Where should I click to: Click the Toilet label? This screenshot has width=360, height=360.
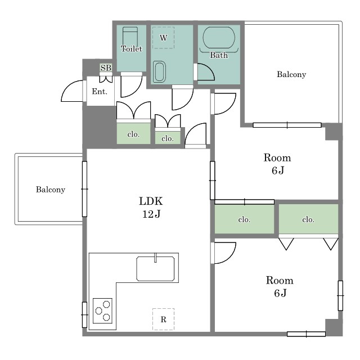click(x=131, y=49)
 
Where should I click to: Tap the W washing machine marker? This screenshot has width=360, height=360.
click(x=163, y=38)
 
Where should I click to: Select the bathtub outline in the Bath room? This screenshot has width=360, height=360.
click(x=219, y=38)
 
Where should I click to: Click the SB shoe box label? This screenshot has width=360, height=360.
click(x=106, y=67)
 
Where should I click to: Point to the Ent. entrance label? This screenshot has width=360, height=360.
click(x=100, y=91)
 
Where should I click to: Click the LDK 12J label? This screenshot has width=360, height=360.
click(x=151, y=208)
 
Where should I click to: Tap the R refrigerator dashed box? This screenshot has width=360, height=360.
click(x=163, y=319)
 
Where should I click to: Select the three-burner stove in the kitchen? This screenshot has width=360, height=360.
click(x=102, y=310)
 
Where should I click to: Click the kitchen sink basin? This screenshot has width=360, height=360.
click(x=155, y=269)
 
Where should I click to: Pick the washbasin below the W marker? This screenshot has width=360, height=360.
click(x=159, y=71)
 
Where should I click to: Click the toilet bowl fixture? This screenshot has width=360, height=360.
click(x=130, y=37)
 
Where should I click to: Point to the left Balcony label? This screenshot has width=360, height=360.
click(x=51, y=190)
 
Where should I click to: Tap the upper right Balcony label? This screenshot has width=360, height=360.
click(x=291, y=74)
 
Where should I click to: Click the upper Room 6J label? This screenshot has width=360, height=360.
click(x=277, y=164)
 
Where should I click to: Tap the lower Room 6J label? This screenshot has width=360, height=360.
click(x=280, y=286)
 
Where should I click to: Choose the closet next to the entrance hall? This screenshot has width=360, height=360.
click(x=133, y=133)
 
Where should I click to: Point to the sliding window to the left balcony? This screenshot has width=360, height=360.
click(x=84, y=189)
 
